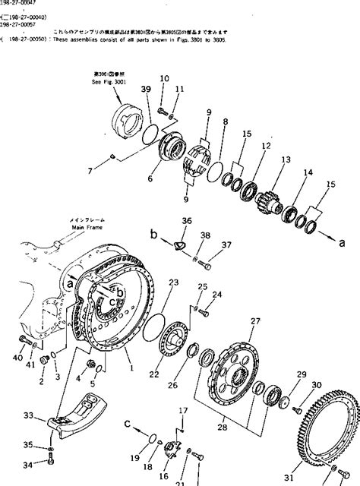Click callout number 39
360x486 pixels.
tap(146, 90)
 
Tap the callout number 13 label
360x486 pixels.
tap(286, 159)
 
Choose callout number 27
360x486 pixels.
tap(255, 321)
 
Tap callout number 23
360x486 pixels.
tap(174, 282)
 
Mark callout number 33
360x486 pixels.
tap(29, 415)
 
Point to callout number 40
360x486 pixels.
tap(17, 357)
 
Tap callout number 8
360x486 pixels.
tap(226, 121)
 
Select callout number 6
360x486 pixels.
tap(151, 178)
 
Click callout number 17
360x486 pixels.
tap(182, 412)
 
